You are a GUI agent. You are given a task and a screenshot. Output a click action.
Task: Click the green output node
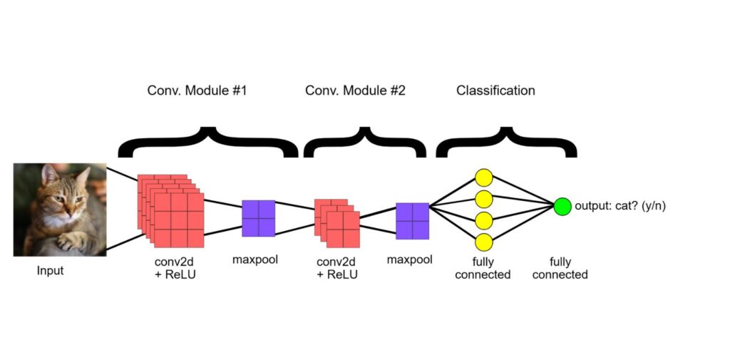click(562, 207)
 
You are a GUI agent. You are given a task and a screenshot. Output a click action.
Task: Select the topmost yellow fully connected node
click(484, 178)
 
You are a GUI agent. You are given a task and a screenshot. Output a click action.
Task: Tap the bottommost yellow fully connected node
click(484, 242)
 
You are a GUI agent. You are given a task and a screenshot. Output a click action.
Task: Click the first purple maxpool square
click(258, 218)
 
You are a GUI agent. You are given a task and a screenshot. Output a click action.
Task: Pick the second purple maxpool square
click(413, 221)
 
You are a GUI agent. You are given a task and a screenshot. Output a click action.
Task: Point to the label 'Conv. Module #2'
click(355, 91)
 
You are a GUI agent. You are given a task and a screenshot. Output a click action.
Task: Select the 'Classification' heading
click(495, 91)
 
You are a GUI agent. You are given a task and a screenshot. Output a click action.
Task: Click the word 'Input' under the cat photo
click(50, 271)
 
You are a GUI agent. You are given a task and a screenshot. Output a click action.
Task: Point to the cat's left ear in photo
click(49, 173)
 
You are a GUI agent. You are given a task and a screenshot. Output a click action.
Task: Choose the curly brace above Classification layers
click(506, 143)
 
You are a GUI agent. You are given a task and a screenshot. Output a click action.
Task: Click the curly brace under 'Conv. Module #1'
click(207, 143)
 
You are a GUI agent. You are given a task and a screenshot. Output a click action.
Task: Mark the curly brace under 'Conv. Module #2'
click(365, 143)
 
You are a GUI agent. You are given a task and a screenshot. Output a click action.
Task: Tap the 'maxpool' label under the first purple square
click(255, 259)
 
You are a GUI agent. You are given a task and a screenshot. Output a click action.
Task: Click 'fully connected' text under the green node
click(560, 268)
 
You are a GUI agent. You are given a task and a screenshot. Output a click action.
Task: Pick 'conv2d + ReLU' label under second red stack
click(336, 268)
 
